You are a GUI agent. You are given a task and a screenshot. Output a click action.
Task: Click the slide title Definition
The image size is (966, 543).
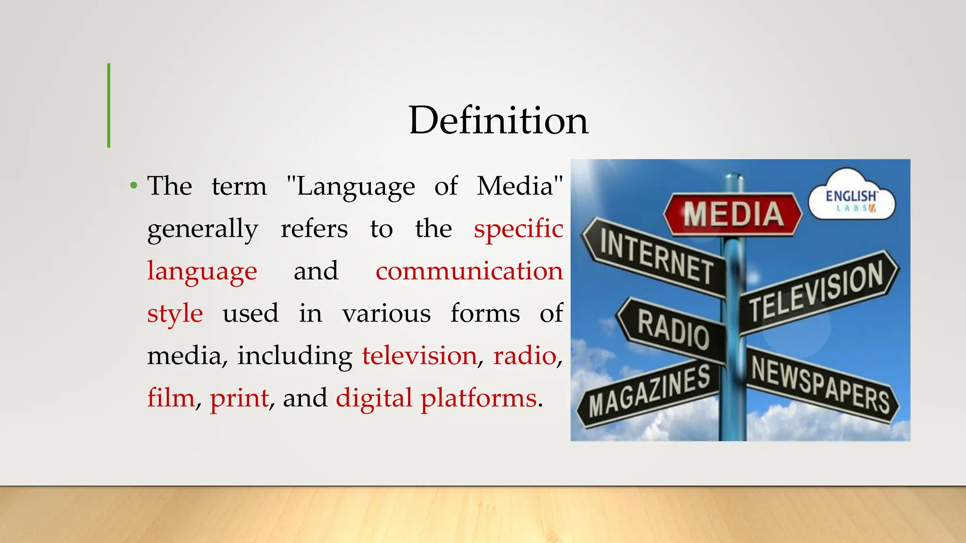point(499,121)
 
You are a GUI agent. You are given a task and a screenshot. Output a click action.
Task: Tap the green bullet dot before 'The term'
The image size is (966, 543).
point(134,186)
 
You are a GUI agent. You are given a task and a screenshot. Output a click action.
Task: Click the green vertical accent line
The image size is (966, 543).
point(109,106)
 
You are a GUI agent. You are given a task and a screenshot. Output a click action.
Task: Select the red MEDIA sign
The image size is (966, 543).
point(733,214)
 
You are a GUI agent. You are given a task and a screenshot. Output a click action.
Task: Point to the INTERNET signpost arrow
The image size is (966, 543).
point(656,257)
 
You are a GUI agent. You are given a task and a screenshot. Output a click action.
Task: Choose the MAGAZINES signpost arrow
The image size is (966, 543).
point(649,391)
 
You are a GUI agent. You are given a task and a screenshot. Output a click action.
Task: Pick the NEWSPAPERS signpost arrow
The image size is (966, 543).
point(821,384)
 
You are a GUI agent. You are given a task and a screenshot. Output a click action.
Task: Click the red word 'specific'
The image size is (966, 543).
point(518,229)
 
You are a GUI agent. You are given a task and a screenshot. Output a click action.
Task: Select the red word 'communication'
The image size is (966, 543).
point(469,271)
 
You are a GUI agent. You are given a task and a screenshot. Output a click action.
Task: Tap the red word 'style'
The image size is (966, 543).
point(175,313)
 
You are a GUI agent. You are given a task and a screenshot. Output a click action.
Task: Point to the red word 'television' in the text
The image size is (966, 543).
point(419,355)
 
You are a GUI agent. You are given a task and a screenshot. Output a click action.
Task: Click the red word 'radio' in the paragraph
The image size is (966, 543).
point(525,355)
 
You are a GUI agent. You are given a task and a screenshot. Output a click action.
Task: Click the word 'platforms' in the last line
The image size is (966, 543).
point(478,398)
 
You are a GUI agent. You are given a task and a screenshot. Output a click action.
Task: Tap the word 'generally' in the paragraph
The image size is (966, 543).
point(203,229)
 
